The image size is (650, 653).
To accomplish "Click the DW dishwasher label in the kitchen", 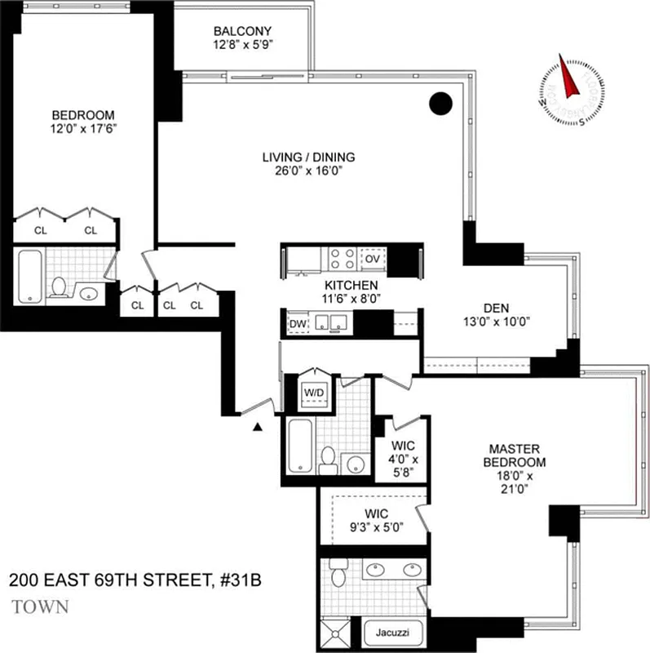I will (x=297, y=325).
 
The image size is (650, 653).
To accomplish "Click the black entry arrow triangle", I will (x=259, y=426).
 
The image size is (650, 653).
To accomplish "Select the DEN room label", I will (x=495, y=308).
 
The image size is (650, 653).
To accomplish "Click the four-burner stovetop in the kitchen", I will (x=341, y=259).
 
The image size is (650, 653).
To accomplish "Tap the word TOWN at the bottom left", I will (x=41, y=607).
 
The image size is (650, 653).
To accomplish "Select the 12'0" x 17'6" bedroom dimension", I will (x=83, y=128).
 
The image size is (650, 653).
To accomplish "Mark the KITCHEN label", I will (x=351, y=285).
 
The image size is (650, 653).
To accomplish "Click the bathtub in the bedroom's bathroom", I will (x=29, y=278).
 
